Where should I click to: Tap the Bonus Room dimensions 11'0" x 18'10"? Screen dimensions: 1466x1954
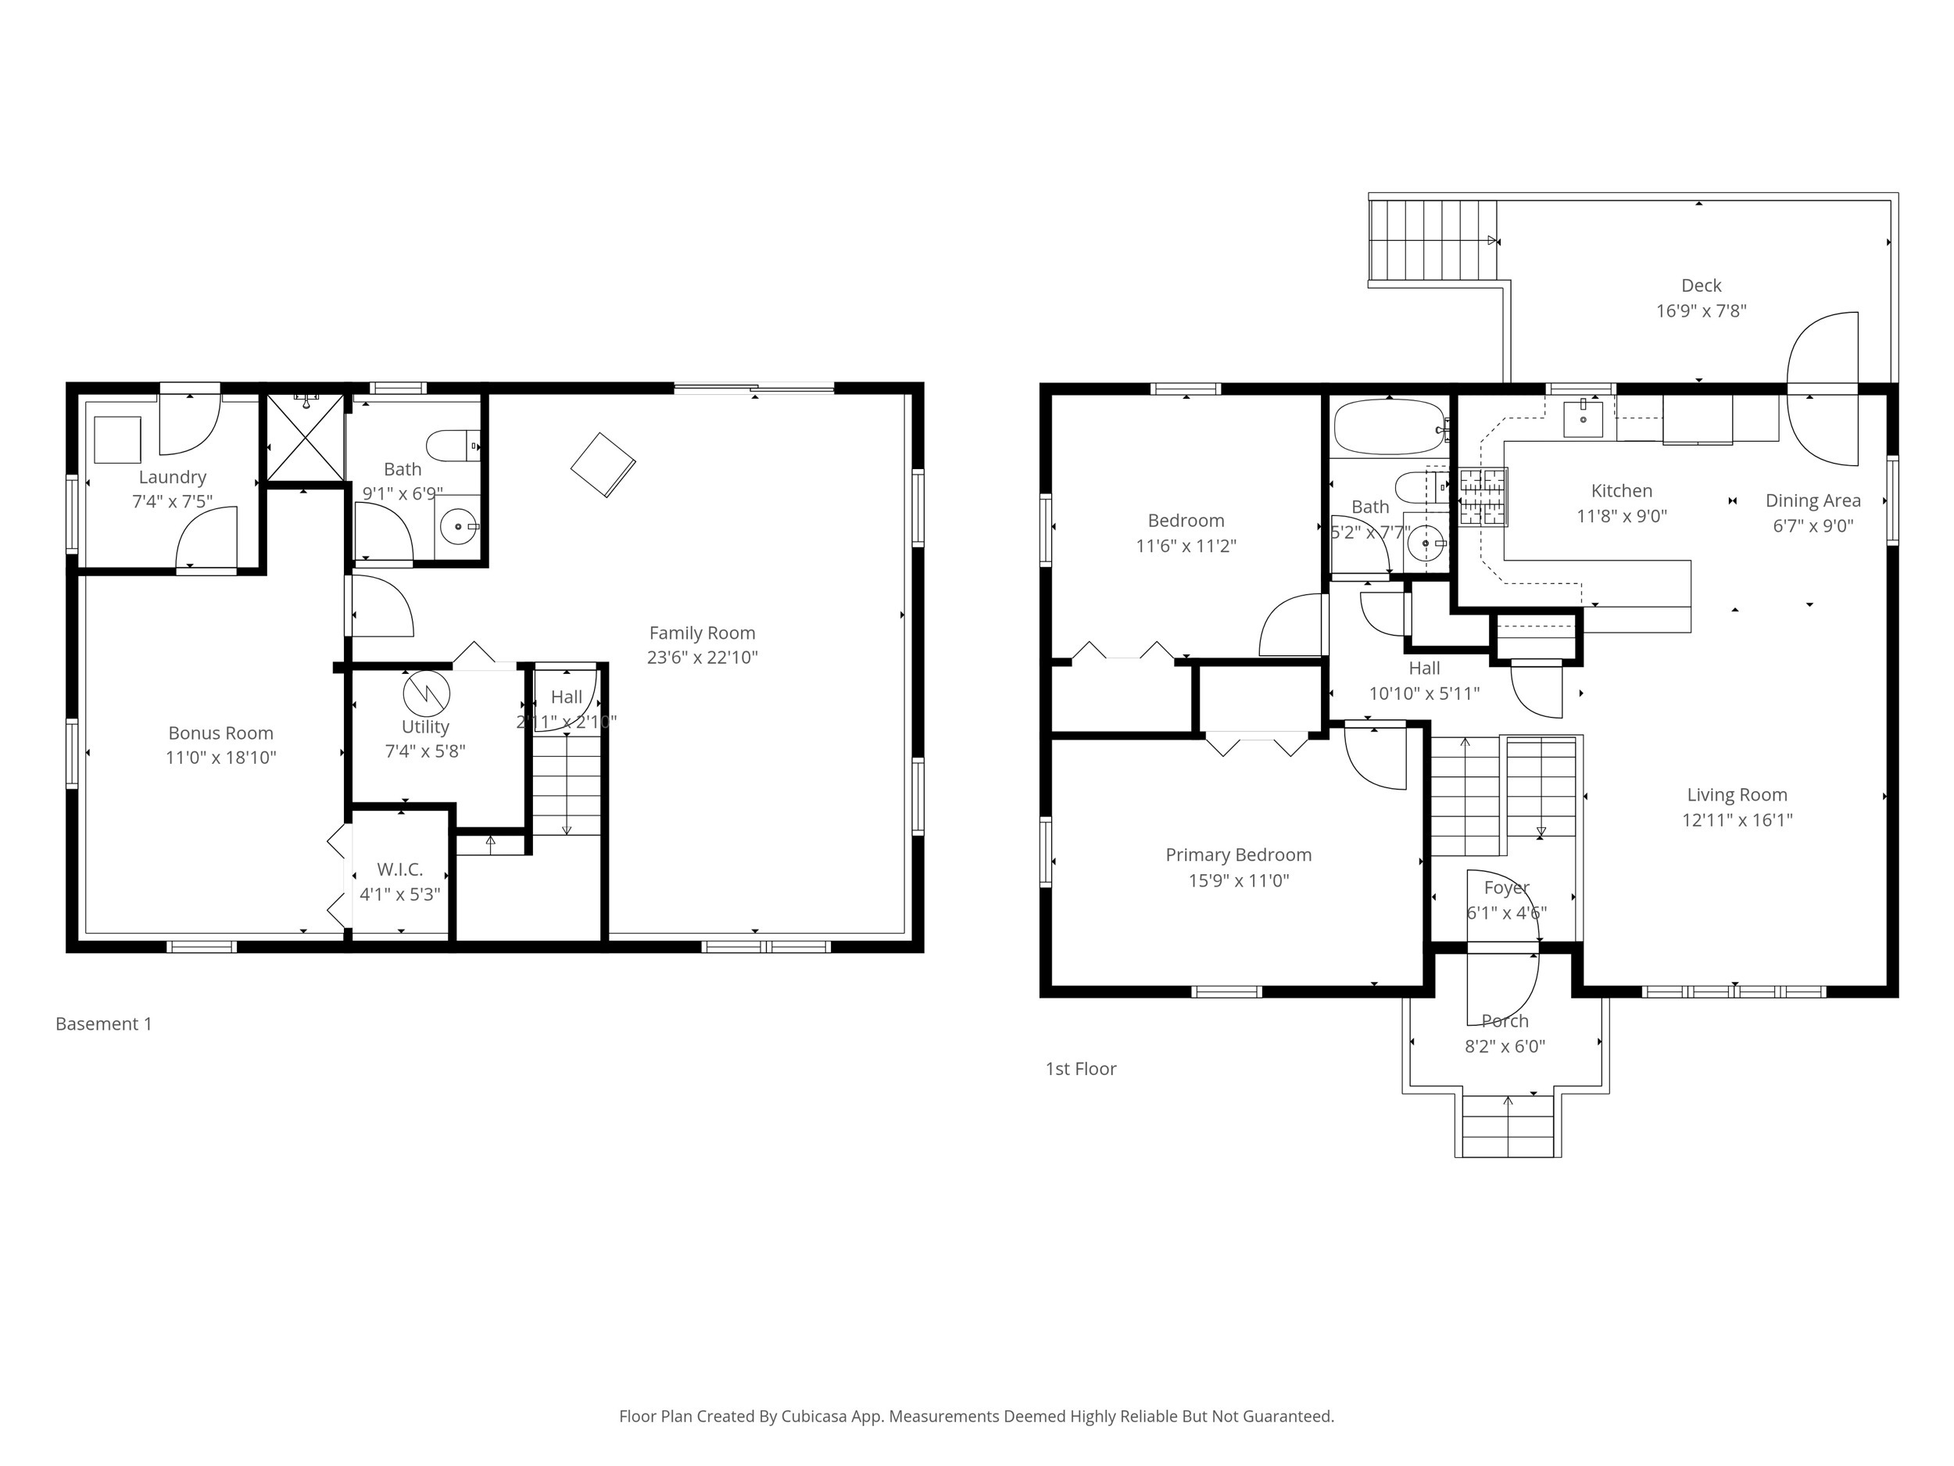pos(221,758)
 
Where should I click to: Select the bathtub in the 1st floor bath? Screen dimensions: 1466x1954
pos(1389,428)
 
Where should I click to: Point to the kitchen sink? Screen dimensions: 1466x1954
pos(1583,419)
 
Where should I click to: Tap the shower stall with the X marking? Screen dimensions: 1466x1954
pos(305,436)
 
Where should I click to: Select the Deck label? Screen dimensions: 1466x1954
pos(1701,285)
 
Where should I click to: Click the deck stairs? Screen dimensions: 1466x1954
pos(1432,240)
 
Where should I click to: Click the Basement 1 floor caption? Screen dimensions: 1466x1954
pos(103,1023)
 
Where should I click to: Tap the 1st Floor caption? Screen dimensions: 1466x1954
pos(1080,1068)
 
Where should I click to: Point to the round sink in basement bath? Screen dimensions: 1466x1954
pos(457,528)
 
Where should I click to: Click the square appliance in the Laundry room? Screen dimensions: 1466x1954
pos(117,439)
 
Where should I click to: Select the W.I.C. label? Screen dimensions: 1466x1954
pos(399,869)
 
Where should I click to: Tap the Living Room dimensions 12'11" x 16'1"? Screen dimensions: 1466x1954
pos(1737,819)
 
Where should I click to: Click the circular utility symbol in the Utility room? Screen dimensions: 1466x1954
pos(426,694)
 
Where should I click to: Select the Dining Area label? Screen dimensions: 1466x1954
pos(1813,500)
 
